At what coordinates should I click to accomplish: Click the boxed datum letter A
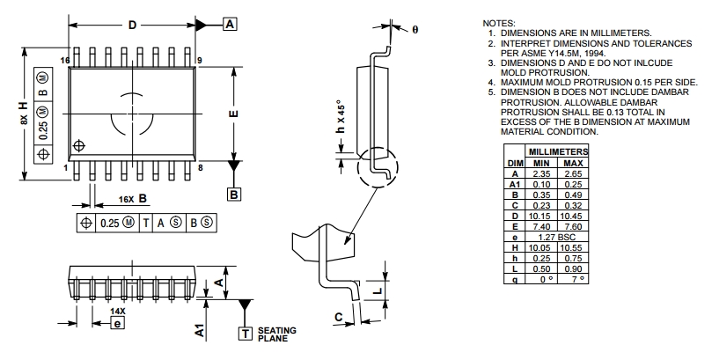pyautogui.click(x=230, y=24)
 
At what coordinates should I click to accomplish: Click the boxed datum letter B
pyautogui.click(x=234, y=195)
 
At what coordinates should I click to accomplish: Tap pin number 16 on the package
pyautogui.click(x=64, y=60)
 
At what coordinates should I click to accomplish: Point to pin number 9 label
pyautogui.click(x=202, y=60)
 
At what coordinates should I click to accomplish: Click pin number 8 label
pyautogui.click(x=202, y=167)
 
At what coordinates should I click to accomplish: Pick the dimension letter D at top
pyautogui.click(x=132, y=25)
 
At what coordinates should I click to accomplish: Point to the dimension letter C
pyautogui.click(x=338, y=317)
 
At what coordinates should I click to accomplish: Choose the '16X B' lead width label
pyautogui.click(x=129, y=199)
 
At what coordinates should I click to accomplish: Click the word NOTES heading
pyautogui.click(x=501, y=22)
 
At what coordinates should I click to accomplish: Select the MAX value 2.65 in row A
pyautogui.click(x=573, y=173)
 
